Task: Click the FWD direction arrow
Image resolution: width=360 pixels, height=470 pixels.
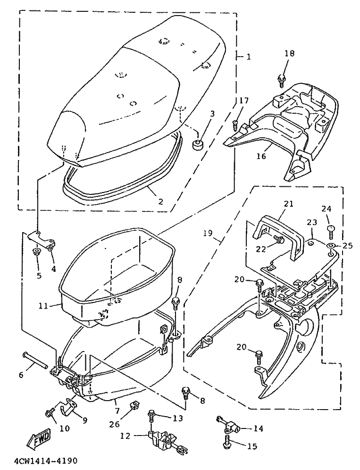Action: tap(39, 437)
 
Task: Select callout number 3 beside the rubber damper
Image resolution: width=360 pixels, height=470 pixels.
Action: tap(212, 114)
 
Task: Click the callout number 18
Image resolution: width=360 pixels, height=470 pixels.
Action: tap(289, 53)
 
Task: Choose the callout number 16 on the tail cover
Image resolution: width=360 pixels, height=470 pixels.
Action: tap(261, 156)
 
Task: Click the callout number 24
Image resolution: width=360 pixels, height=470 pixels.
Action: tap(327, 208)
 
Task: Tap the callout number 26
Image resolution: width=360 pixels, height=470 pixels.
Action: tap(114, 424)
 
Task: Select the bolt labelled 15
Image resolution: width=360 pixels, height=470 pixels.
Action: tap(227, 443)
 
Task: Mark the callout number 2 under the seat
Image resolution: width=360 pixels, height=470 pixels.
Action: tap(161, 201)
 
